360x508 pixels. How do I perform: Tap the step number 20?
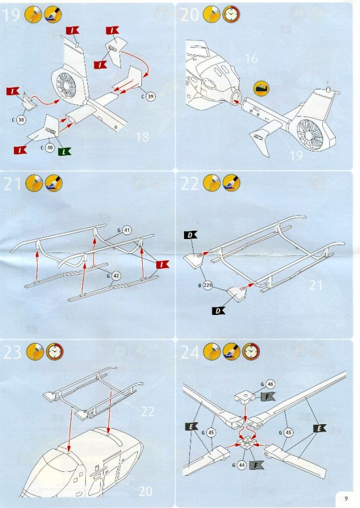[x=190, y=15]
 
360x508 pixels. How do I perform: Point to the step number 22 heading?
[x=190, y=184]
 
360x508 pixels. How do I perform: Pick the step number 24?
[x=190, y=353]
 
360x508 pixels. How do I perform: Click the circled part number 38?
[x=22, y=120]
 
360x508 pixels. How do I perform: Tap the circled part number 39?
[x=151, y=97]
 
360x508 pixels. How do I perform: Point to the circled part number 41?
[x=127, y=230]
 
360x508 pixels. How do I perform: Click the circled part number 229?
[x=208, y=286]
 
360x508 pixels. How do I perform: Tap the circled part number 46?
[x=271, y=385]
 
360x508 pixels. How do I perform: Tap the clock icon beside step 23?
[x=55, y=352]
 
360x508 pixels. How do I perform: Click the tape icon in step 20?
[x=262, y=88]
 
